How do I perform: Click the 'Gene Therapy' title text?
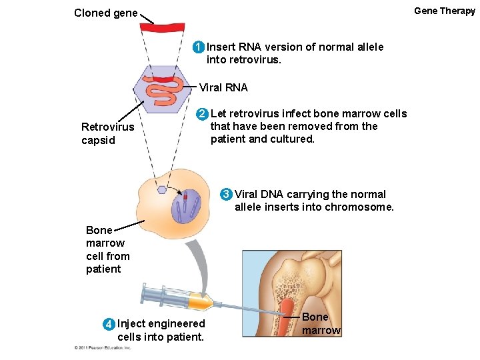pyautogui.click(x=444, y=11)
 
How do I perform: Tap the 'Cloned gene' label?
pyautogui.click(x=106, y=13)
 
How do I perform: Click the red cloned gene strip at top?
pyautogui.click(x=162, y=28)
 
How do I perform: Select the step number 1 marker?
pyautogui.click(x=198, y=47)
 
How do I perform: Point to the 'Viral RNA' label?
pyautogui.click(x=223, y=87)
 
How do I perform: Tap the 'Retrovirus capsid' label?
pyautogui.click(x=107, y=133)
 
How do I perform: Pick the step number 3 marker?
pyautogui.click(x=227, y=195)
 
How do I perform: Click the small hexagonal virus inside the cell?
pyautogui.click(x=162, y=189)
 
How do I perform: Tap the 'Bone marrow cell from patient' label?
pyautogui.click(x=107, y=249)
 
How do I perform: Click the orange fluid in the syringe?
pyautogui.click(x=200, y=303)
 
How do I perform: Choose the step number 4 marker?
pyautogui.click(x=109, y=324)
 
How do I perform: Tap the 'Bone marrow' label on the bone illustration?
pyautogui.click(x=321, y=323)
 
